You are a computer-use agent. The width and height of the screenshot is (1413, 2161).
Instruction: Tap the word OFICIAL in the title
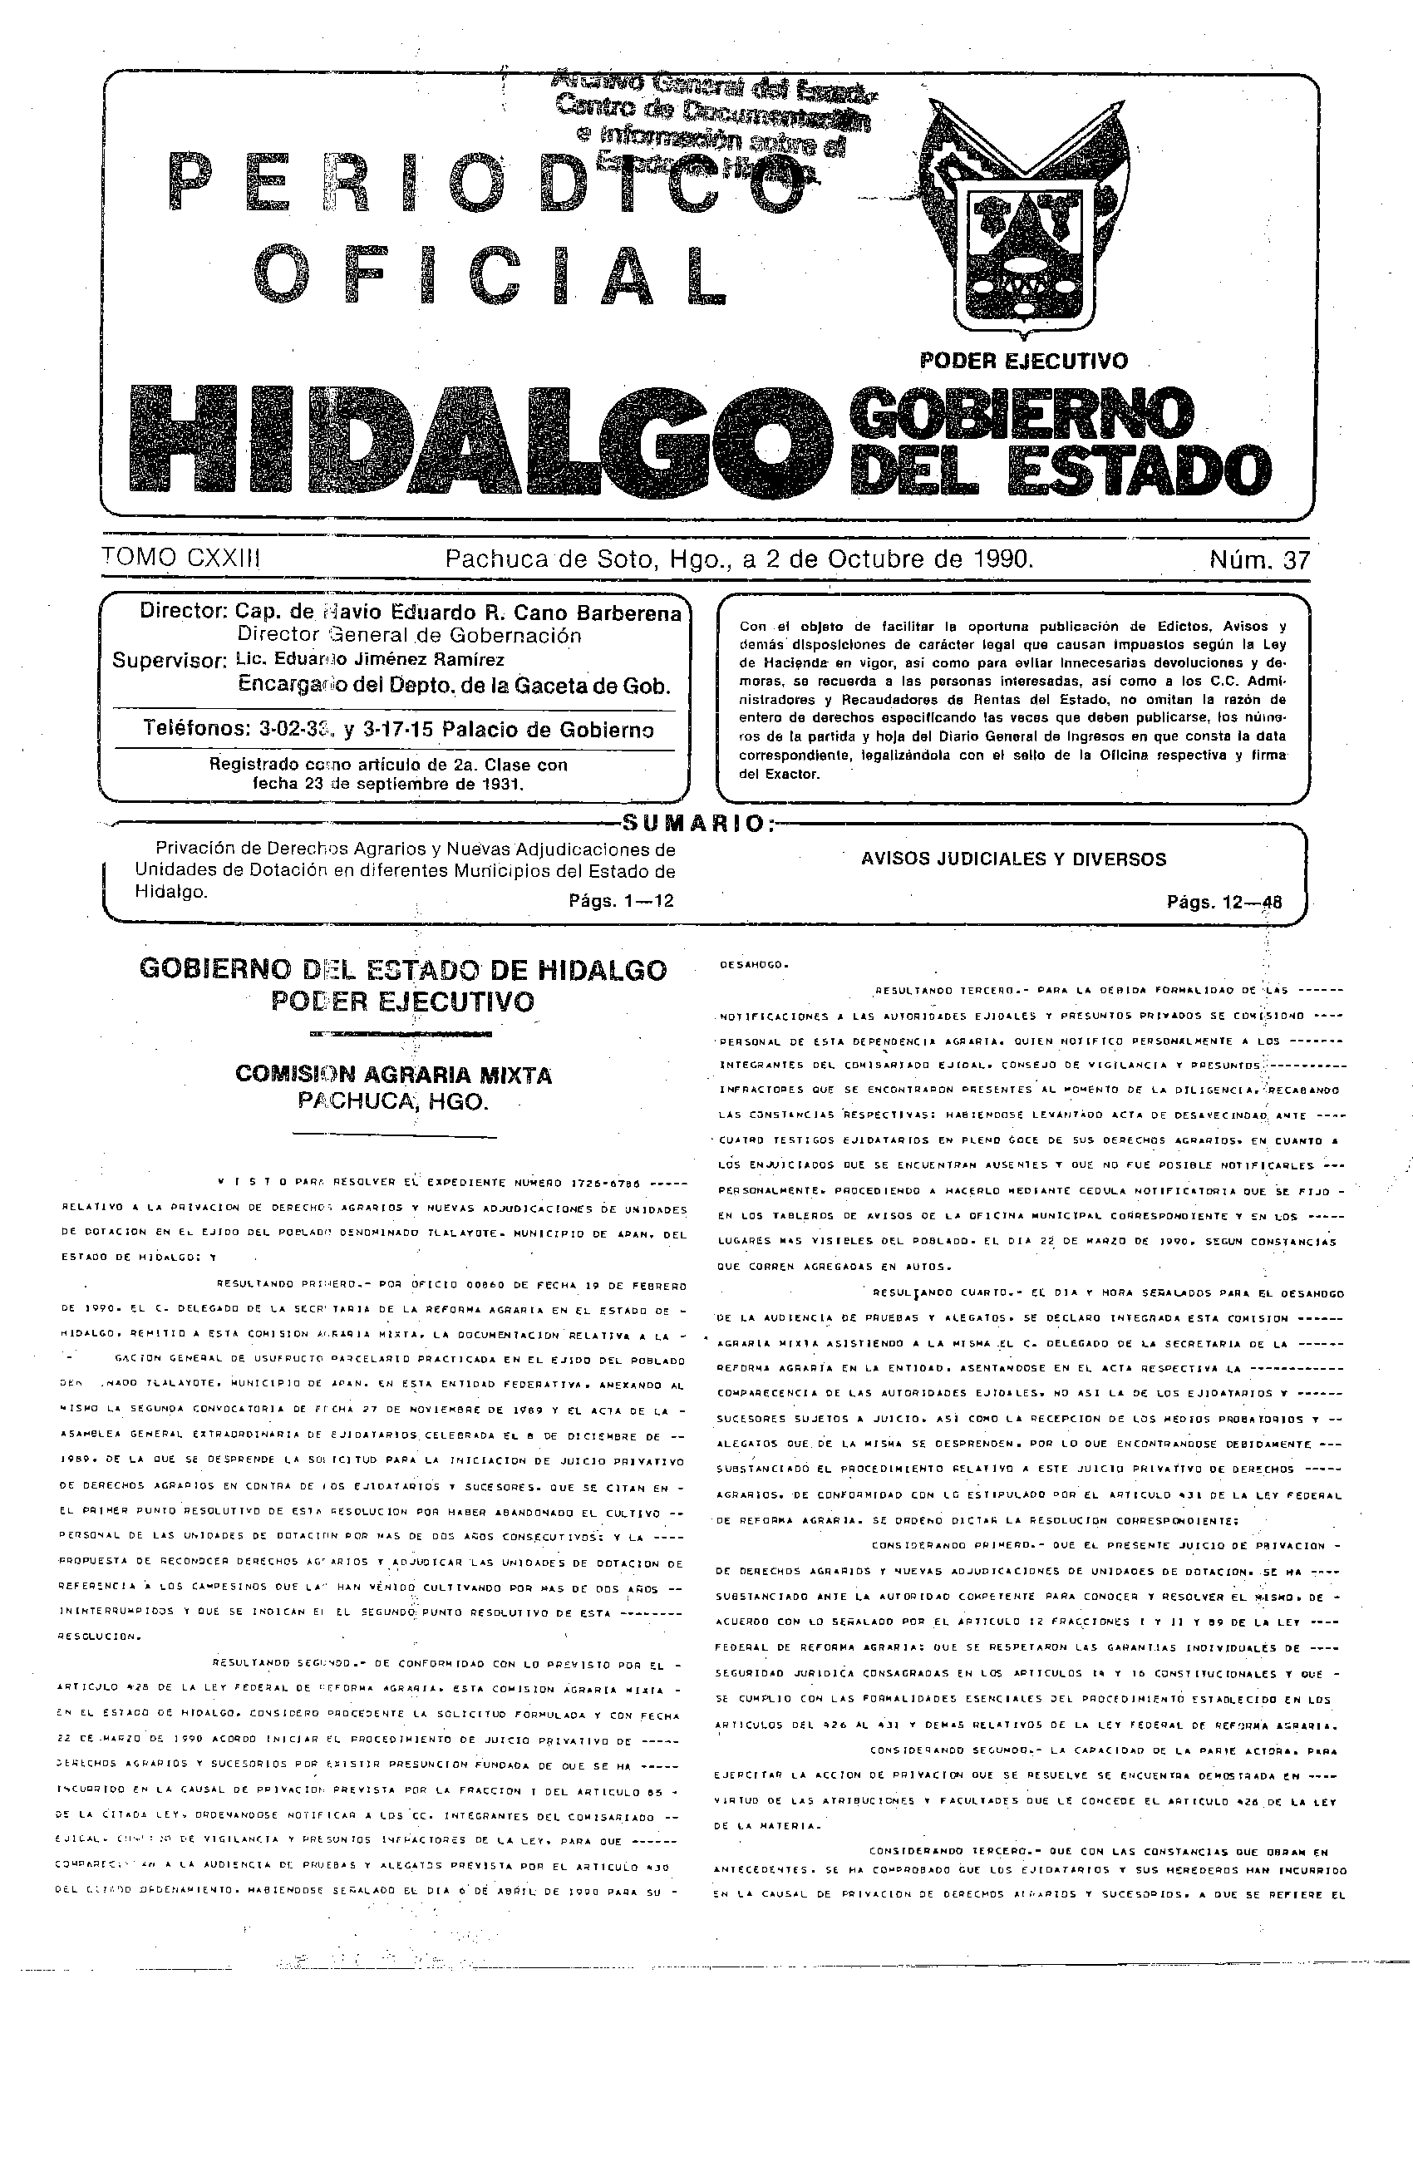point(491,273)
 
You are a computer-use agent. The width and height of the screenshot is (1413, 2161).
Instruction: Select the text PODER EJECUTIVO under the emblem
point(1023,361)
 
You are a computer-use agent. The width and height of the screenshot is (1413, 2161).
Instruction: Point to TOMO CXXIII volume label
point(182,558)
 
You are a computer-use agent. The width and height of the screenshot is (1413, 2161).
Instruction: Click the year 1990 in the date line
point(1002,559)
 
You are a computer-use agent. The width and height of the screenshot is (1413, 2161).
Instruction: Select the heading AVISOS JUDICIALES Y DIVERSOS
point(1013,859)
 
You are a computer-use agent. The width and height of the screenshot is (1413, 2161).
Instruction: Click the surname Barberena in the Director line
point(625,613)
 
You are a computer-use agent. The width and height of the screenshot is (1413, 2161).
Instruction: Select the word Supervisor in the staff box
point(169,660)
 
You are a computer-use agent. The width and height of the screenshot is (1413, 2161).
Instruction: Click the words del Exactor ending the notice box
point(779,774)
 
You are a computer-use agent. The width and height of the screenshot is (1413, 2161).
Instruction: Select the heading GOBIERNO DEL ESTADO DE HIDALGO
point(402,970)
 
